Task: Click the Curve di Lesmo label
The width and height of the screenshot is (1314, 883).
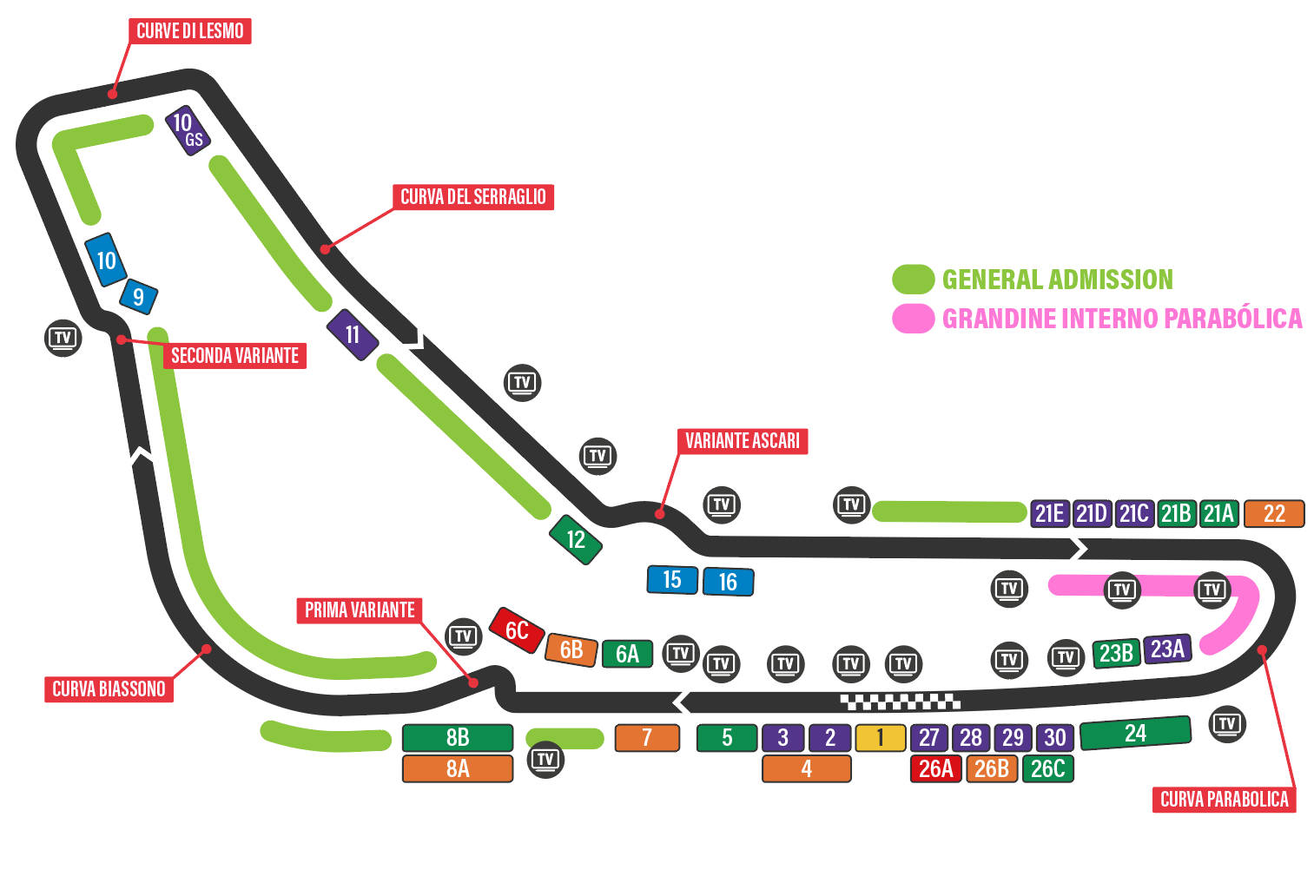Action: [190, 31]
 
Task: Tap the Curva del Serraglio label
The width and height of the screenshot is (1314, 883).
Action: [472, 197]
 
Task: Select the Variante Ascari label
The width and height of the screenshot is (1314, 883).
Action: [742, 441]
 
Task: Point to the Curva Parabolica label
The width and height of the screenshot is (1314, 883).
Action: [1224, 800]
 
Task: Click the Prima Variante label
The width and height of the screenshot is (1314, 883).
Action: [360, 610]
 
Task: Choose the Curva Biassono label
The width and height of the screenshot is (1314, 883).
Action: [109, 689]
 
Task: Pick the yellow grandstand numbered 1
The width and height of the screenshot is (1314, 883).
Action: [880, 738]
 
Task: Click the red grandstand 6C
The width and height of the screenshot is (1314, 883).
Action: [517, 630]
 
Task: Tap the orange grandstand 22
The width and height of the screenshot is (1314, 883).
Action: [1274, 514]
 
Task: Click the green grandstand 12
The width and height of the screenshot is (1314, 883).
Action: [576, 539]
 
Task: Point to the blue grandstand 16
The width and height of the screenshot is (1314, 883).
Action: [728, 582]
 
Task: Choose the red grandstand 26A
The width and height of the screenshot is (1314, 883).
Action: [935, 768]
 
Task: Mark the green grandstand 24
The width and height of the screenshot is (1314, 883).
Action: [1135, 733]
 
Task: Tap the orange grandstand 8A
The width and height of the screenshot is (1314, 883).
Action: [458, 768]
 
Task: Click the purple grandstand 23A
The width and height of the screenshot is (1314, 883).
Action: [1167, 649]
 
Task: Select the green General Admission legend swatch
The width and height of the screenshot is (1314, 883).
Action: [913, 280]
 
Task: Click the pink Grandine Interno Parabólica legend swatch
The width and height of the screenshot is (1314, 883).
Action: [913, 319]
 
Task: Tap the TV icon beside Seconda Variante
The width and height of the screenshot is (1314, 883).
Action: [63, 338]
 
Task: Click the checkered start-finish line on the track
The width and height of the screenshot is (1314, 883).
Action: [900, 701]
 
